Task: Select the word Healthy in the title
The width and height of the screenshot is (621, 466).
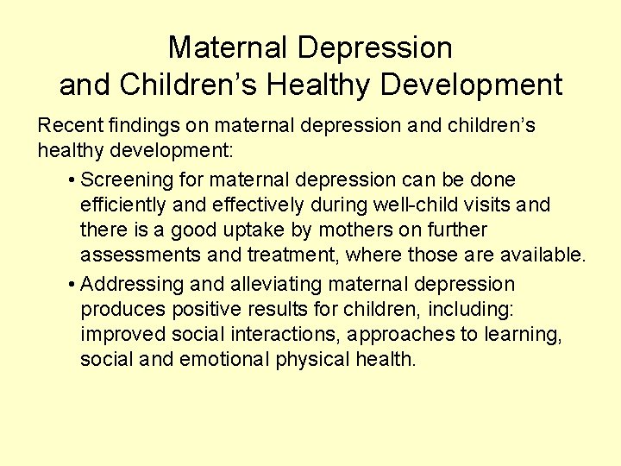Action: [x=320, y=85]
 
